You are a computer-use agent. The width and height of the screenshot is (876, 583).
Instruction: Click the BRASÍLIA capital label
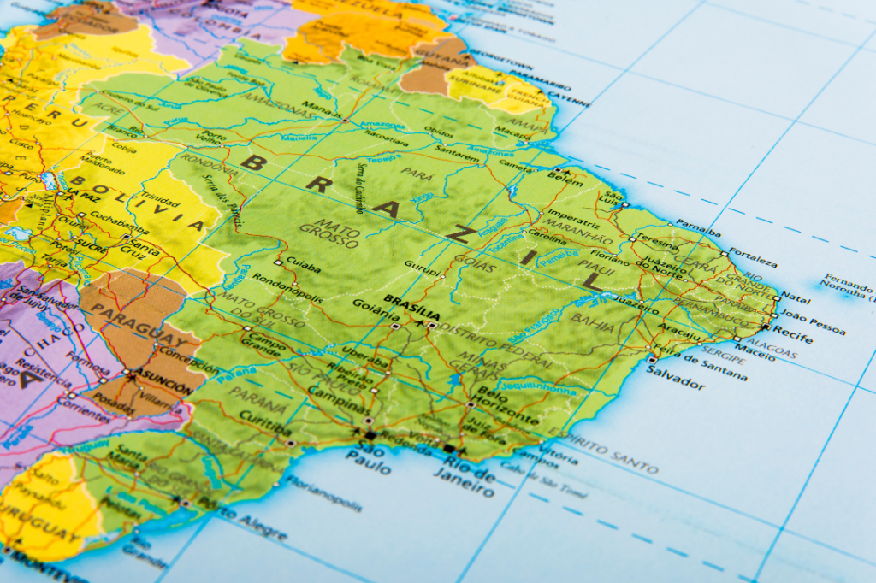pos(412,301)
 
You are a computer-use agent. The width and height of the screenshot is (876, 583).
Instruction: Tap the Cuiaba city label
pos(305,267)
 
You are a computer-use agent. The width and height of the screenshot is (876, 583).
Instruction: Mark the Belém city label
pos(565,181)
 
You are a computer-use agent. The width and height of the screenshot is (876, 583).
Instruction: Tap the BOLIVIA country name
pos(136,202)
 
